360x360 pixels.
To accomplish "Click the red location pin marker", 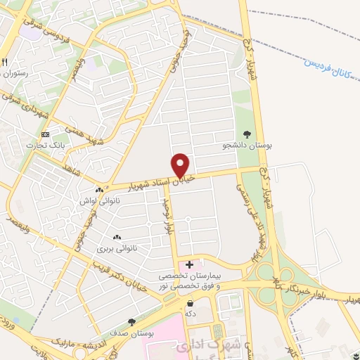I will (181, 165).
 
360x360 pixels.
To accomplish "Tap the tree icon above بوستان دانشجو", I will (246, 134).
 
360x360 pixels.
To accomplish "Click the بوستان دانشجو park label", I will (247, 145).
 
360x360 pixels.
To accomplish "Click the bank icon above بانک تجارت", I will (46, 134).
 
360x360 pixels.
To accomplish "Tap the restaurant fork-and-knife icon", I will (4, 62).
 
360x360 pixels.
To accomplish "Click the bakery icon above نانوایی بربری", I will (117, 238).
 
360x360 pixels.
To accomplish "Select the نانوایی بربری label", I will (115, 249).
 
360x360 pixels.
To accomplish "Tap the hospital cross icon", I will (188, 264).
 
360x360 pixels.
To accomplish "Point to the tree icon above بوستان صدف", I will (131, 321).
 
